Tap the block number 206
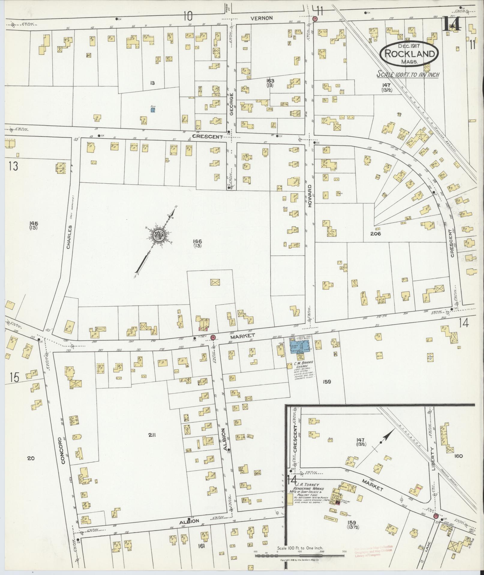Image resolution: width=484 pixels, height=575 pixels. pyautogui.click(x=375, y=234)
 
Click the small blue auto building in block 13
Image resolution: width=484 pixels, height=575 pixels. pyautogui.click(x=153, y=110)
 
